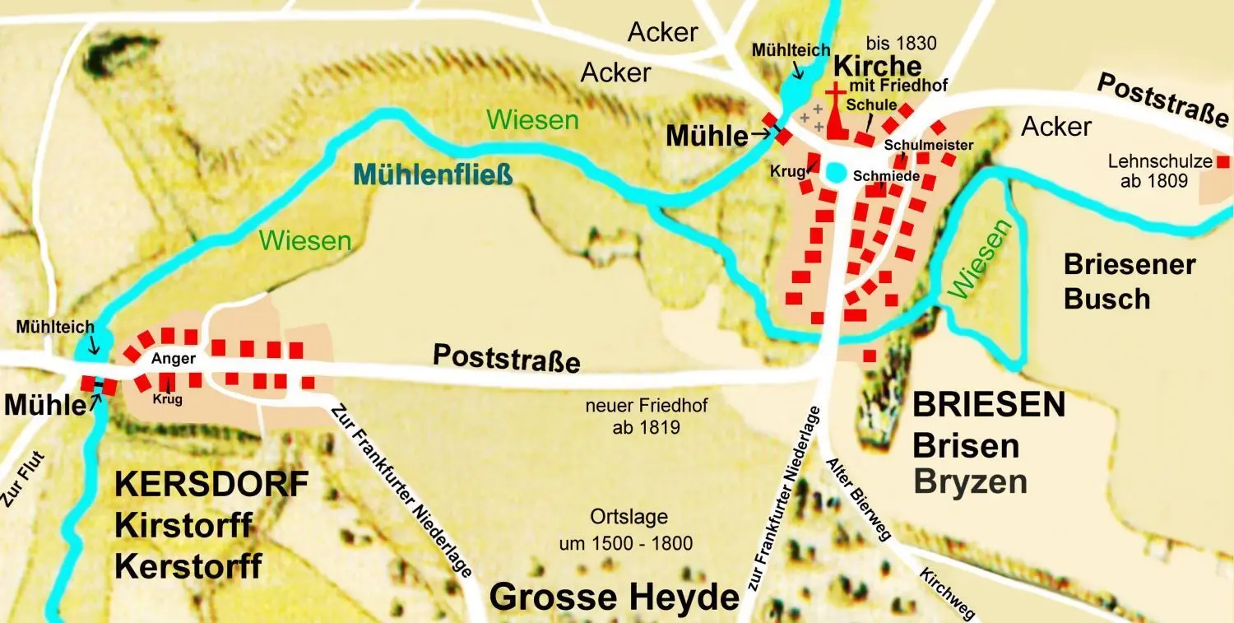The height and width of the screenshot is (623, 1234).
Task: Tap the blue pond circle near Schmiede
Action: (837, 173)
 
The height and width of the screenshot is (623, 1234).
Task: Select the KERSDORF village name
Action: (211, 484)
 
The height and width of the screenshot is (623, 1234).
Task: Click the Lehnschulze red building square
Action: (1223, 162)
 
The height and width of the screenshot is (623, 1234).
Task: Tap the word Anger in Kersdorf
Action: (173, 359)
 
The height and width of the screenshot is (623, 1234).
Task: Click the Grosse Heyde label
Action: (615, 597)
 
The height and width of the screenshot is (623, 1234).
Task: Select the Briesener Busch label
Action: (1129, 281)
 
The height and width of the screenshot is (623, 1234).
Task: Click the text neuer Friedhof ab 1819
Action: (647, 416)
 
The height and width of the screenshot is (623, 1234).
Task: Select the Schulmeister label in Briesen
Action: (929, 146)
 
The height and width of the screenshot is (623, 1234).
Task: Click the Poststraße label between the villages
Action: (507, 358)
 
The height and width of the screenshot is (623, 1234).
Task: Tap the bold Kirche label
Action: (878, 66)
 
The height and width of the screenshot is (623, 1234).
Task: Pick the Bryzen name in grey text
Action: (971, 481)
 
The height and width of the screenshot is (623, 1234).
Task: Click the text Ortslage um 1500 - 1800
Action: (641, 530)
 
